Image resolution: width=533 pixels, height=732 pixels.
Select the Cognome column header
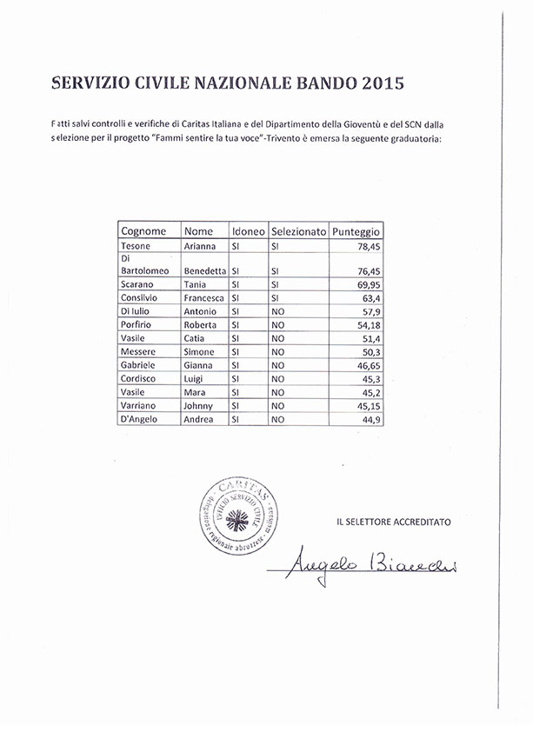click(x=144, y=231)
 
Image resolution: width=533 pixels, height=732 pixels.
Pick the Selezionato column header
click(x=298, y=231)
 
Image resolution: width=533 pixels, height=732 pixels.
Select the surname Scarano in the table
click(x=139, y=284)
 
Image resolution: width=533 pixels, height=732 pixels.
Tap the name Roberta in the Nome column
click(x=201, y=324)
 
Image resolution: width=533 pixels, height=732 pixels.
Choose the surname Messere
click(x=138, y=351)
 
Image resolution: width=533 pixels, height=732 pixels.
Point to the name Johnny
click(x=199, y=406)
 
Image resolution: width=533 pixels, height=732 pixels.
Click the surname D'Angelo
click(x=139, y=420)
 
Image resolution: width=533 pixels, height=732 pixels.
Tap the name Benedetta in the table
click(x=205, y=270)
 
